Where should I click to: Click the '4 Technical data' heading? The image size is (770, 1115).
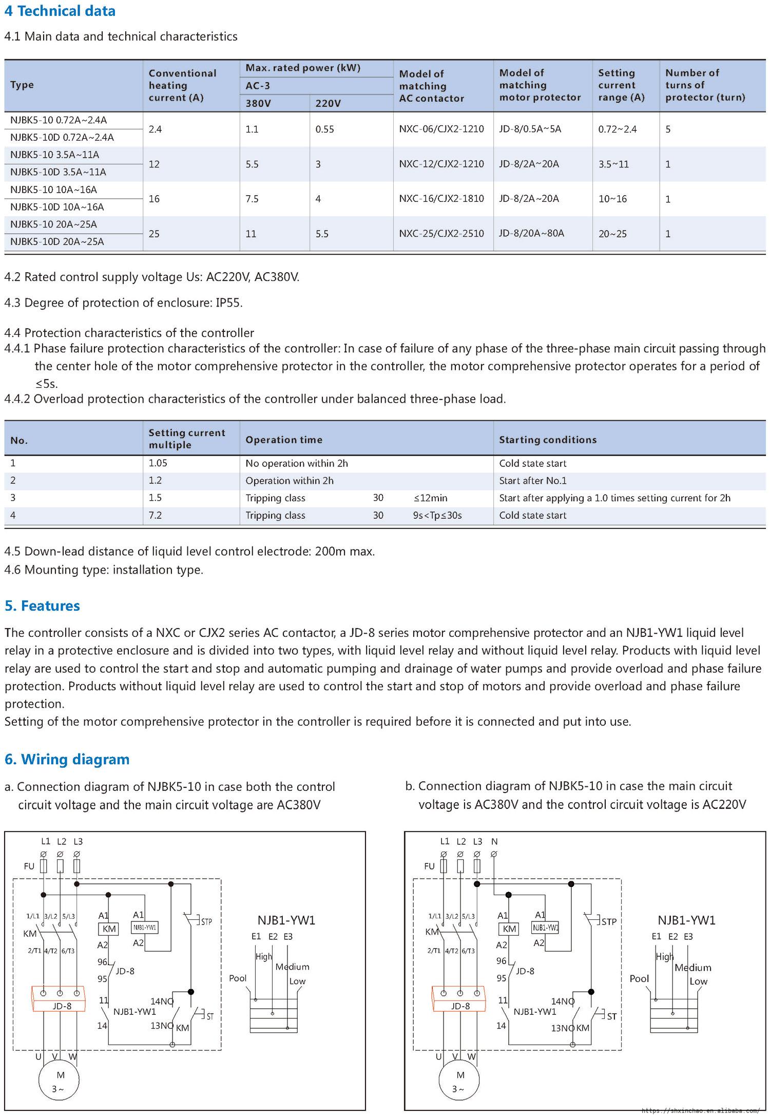(x=60, y=11)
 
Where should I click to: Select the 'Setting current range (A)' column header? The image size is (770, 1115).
(x=622, y=85)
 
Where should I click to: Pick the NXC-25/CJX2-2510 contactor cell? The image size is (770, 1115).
(x=441, y=234)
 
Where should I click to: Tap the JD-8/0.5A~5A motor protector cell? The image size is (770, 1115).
(x=530, y=129)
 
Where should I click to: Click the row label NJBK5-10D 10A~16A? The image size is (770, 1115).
(x=57, y=207)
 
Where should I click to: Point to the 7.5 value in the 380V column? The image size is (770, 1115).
(x=252, y=199)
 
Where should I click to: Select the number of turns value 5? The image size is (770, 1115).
(x=668, y=129)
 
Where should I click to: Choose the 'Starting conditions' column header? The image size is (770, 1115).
(x=548, y=440)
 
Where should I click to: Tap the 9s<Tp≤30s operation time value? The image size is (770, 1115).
(x=437, y=515)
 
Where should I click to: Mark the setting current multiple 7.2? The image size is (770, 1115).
(x=155, y=515)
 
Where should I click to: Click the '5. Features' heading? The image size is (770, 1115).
(x=43, y=606)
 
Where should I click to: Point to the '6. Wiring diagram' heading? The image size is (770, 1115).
(x=67, y=760)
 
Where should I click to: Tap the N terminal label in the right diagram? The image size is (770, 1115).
(x=494, y=842)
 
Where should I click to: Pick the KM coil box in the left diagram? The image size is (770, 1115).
(x=109, y=929)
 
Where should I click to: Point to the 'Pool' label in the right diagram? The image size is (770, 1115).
(x=639, y=978)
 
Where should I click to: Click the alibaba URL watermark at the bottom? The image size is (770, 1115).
(x=700, y=1110)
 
